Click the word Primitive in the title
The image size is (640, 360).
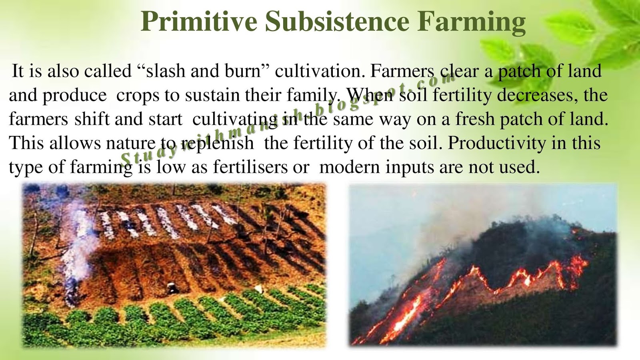pyautogui.click(x=199, y=22)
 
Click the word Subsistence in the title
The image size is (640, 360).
pyautogui.click(x=337, y=22)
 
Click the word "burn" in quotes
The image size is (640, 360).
pyautogui.click(x=244, y=71)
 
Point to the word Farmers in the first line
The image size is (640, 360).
pyautogui.click(x=402, y=71)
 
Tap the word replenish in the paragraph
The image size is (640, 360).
pyautogui.click(x=218, y=143)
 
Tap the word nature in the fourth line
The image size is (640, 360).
pyautogui.click(x=130, y=143)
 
